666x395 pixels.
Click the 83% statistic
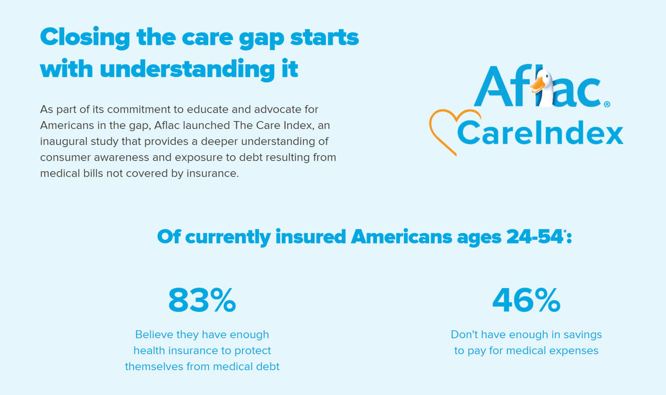(x=202, y=300)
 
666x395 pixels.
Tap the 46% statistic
(x=526, y=300)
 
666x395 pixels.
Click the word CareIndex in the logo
(x=540, y=133)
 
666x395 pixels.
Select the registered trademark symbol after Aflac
(x=607, y=104)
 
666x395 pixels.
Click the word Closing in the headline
(x=85, y=38)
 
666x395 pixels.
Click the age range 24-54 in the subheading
(x=534, y=237)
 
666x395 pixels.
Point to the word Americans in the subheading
(x=401, y=237)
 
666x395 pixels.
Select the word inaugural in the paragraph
(x=63, y=142)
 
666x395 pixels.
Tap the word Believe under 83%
(x=154, y=335)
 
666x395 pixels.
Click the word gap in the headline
(x=262, y=38)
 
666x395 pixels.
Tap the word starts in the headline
(x=325, y=38)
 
